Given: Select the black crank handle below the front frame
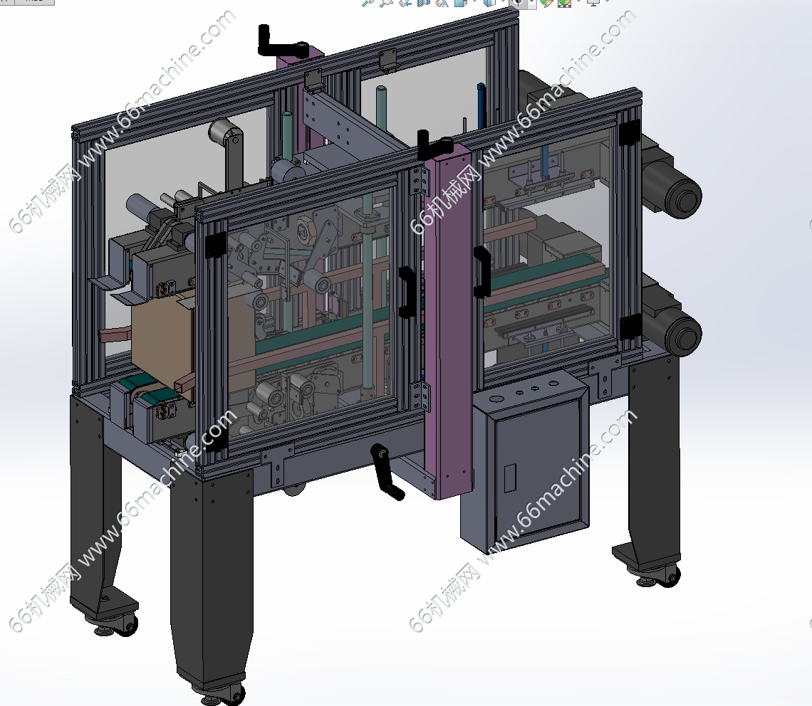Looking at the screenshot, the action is pos(386,471).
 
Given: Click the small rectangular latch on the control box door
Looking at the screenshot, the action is pos(509,478).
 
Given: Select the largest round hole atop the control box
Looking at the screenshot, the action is pos(496,399).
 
